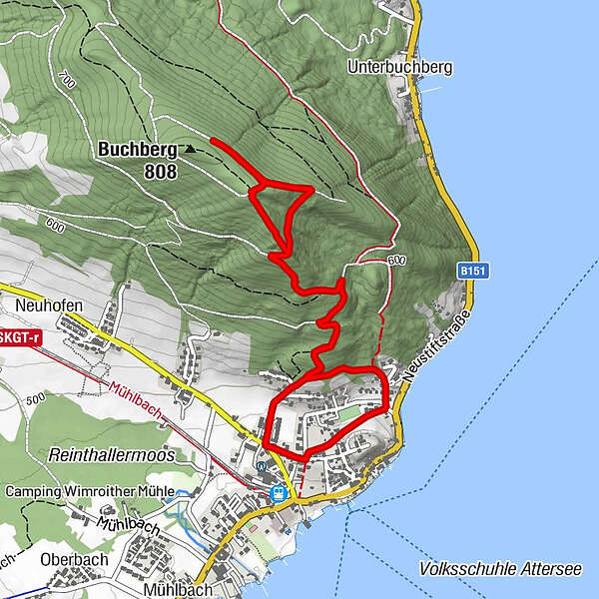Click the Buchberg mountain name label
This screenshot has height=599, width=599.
pos(138,151)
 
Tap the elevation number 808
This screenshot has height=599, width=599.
pos(160,172)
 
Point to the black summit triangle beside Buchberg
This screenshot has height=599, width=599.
pos(189,150)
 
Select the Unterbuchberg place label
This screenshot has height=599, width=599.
pos(400,67)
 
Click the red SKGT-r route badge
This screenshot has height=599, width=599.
pos(20,337)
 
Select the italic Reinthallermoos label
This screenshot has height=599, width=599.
pos(110,455)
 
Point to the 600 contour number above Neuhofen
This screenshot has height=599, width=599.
pos(55,227)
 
